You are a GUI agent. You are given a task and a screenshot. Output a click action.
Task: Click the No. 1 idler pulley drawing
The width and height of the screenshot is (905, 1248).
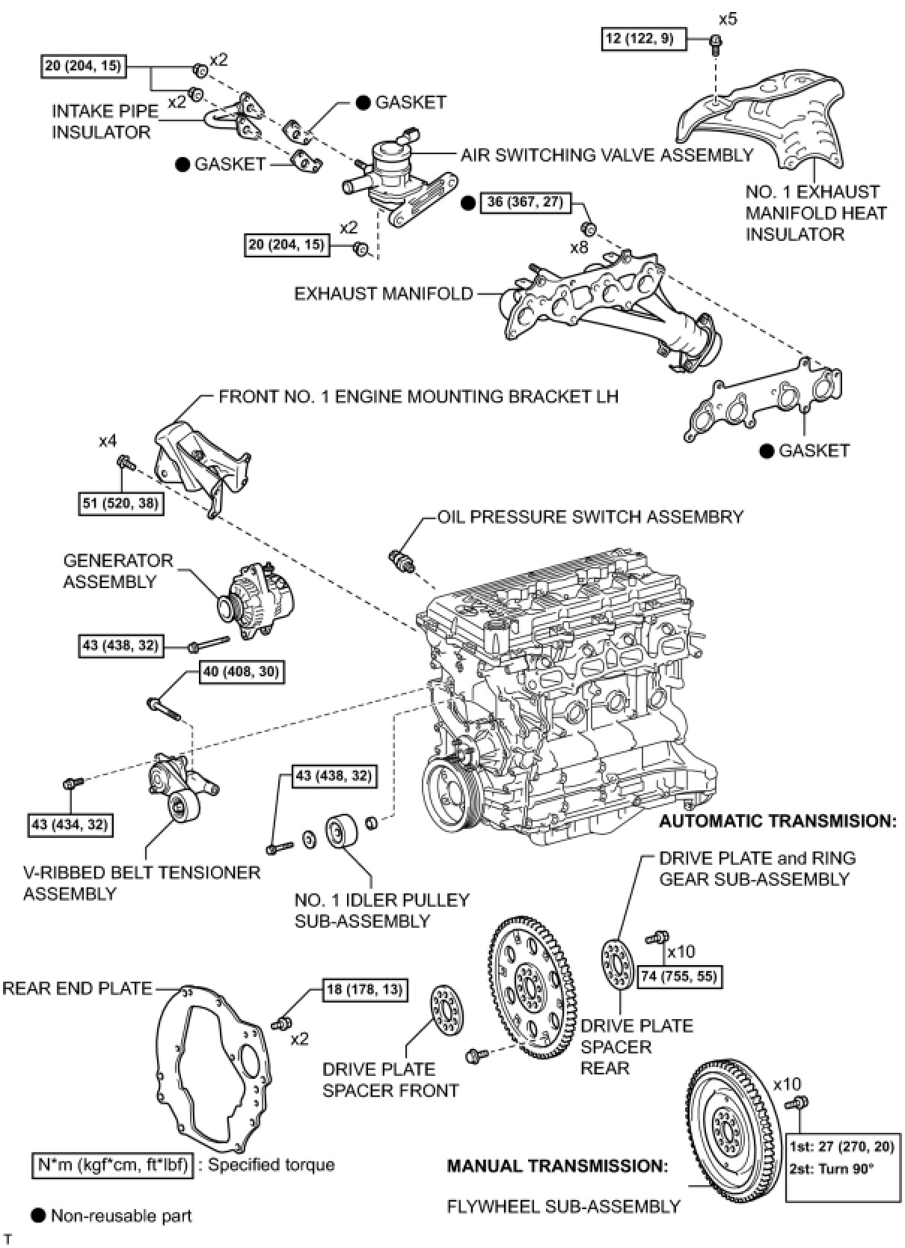pos(341,833)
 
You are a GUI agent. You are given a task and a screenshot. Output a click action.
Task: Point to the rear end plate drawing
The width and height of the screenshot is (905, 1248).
pos(213,1063)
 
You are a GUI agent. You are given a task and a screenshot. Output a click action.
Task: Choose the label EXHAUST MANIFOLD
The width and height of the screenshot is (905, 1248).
pos(383,293)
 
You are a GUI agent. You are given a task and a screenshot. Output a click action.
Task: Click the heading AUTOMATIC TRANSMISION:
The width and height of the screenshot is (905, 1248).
pos(777,821)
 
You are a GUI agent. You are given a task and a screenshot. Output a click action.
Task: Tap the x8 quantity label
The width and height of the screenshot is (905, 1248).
pos(579,246)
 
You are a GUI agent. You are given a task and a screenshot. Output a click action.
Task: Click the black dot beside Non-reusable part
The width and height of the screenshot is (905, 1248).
pos(38,1215)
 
